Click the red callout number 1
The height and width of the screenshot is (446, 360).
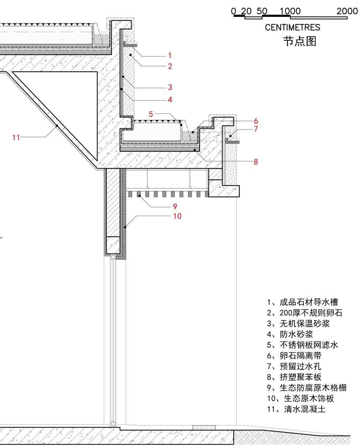point(170,56)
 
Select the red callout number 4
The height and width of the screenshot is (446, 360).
point(170,99)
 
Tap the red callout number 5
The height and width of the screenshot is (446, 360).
point(151,114)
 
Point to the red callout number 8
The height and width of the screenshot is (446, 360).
point(256,161)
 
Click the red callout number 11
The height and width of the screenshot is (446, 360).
point(16,137)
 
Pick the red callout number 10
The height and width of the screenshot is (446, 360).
point(177,216)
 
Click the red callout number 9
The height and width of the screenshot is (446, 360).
point(175,207)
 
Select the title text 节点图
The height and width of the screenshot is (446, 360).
point(299,41)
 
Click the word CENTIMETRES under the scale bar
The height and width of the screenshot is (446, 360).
point(292,27)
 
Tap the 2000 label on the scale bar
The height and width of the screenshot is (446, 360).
point(347,11)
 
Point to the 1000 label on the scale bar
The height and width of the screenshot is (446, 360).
point(290,11)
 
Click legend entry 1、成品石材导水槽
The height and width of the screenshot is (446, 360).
point(302,302)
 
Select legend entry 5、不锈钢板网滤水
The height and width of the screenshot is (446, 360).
point(302,345)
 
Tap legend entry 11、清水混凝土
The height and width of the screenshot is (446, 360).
point(296,409)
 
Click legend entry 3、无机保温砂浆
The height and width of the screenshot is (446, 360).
point(298,323)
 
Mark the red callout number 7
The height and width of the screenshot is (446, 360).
point(256,129)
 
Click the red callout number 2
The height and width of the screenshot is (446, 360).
point(170,66)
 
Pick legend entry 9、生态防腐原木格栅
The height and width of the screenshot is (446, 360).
point(306,388)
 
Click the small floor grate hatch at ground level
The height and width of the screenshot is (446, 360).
point(204,427)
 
